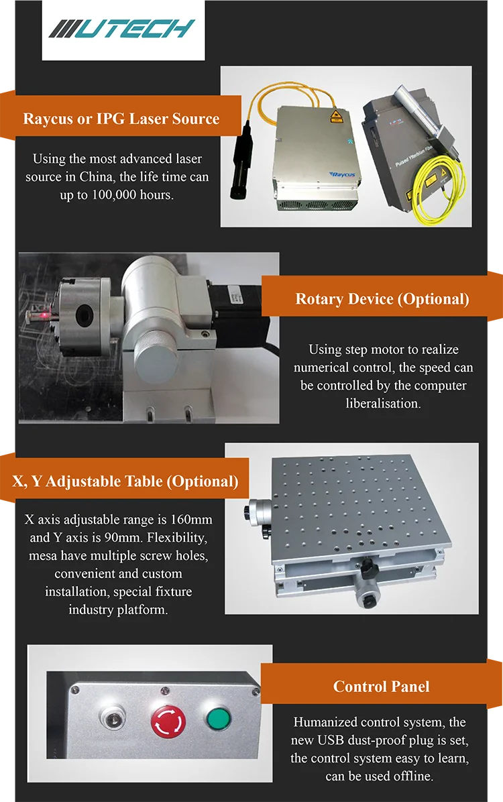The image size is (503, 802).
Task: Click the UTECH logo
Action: [x=122, y=29]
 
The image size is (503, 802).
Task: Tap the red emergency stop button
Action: [x=168, y=722]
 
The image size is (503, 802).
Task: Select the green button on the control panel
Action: [x=219, y=718]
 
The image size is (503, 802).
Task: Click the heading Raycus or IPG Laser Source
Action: [x=121, y=119]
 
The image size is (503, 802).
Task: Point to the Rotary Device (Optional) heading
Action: [x=382, y=298]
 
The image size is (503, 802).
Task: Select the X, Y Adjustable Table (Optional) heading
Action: [x=125, y=481]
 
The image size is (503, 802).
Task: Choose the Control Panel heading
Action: [x=381, y=687]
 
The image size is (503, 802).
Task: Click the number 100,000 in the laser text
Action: [x=115, y=195]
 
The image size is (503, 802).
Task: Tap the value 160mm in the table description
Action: [x=191, y=520]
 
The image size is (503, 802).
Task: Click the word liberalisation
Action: [x=383, y=404]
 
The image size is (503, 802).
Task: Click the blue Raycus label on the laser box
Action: [x=342, y=174]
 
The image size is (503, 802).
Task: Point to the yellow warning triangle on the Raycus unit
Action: [x=336, y=115]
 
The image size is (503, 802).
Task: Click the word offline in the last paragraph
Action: [x=410, y=777]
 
